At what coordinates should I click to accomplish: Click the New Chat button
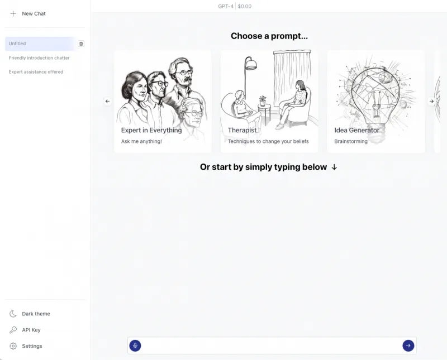(28, 13)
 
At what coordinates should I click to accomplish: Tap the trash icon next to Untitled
(81, 44)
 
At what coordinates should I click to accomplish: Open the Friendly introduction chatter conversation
(39, 58)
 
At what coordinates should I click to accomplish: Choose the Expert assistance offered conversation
(36, 72)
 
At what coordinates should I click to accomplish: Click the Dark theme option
(30, 314)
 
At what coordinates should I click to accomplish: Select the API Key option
(25, 330)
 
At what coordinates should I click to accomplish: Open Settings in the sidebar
(26, 346)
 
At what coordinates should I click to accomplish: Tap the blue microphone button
(135, 345)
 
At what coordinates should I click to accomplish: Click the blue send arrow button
(408, 345)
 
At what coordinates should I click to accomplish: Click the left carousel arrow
(107, 101)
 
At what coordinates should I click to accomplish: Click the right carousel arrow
(431, 101)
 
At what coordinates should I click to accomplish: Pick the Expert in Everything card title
(151, 130)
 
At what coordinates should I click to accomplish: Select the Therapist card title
(242, 130)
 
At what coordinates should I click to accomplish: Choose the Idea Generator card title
(356, 130)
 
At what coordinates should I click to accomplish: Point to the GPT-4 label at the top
(226, 6)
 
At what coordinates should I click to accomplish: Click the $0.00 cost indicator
(245, 6)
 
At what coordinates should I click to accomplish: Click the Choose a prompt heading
(269, 36)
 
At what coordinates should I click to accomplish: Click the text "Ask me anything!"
(141, 141)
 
